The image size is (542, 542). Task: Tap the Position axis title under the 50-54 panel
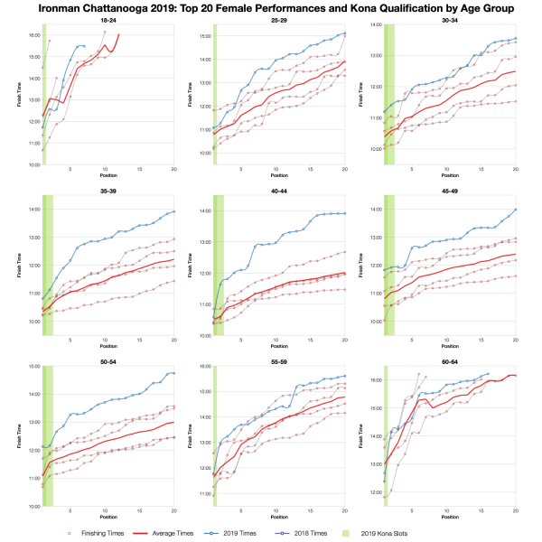point(107,515)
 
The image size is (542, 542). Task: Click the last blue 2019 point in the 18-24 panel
point(83,46)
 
